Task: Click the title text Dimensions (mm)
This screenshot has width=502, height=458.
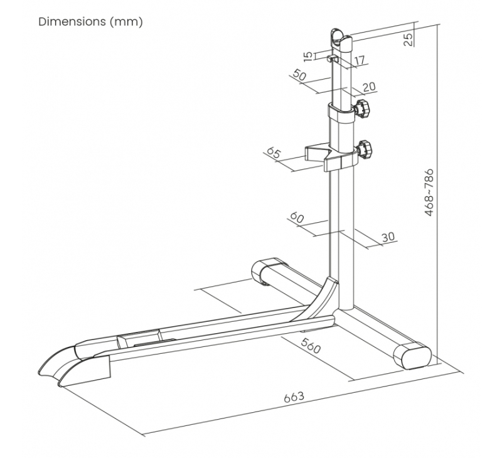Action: (90, 22)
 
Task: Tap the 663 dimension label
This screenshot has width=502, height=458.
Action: (294, 397)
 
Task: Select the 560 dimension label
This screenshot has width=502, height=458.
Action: (311, 345)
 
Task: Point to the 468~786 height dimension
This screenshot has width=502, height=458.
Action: (429, 193)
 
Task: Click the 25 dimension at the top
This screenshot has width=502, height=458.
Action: (409, 40)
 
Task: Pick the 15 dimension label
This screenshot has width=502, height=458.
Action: (307, 56)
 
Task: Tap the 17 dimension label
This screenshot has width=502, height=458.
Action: (359, 60)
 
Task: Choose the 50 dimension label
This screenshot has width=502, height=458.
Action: (300, 76)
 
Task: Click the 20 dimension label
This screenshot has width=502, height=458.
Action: (369, 87)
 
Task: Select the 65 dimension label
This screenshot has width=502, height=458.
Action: (273, 152)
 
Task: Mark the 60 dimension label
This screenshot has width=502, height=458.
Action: (296, 218)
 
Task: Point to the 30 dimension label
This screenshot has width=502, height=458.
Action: (388, 237)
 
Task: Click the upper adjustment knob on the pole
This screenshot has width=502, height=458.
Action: (362, 109)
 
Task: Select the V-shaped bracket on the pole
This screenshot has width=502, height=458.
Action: (331, 157)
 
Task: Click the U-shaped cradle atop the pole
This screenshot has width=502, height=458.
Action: (341, 41)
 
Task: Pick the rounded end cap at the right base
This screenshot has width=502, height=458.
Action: (412, 356)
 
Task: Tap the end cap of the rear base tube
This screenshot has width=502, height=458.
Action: (269, 270)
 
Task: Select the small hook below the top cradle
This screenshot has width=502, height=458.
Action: (333, 59)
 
